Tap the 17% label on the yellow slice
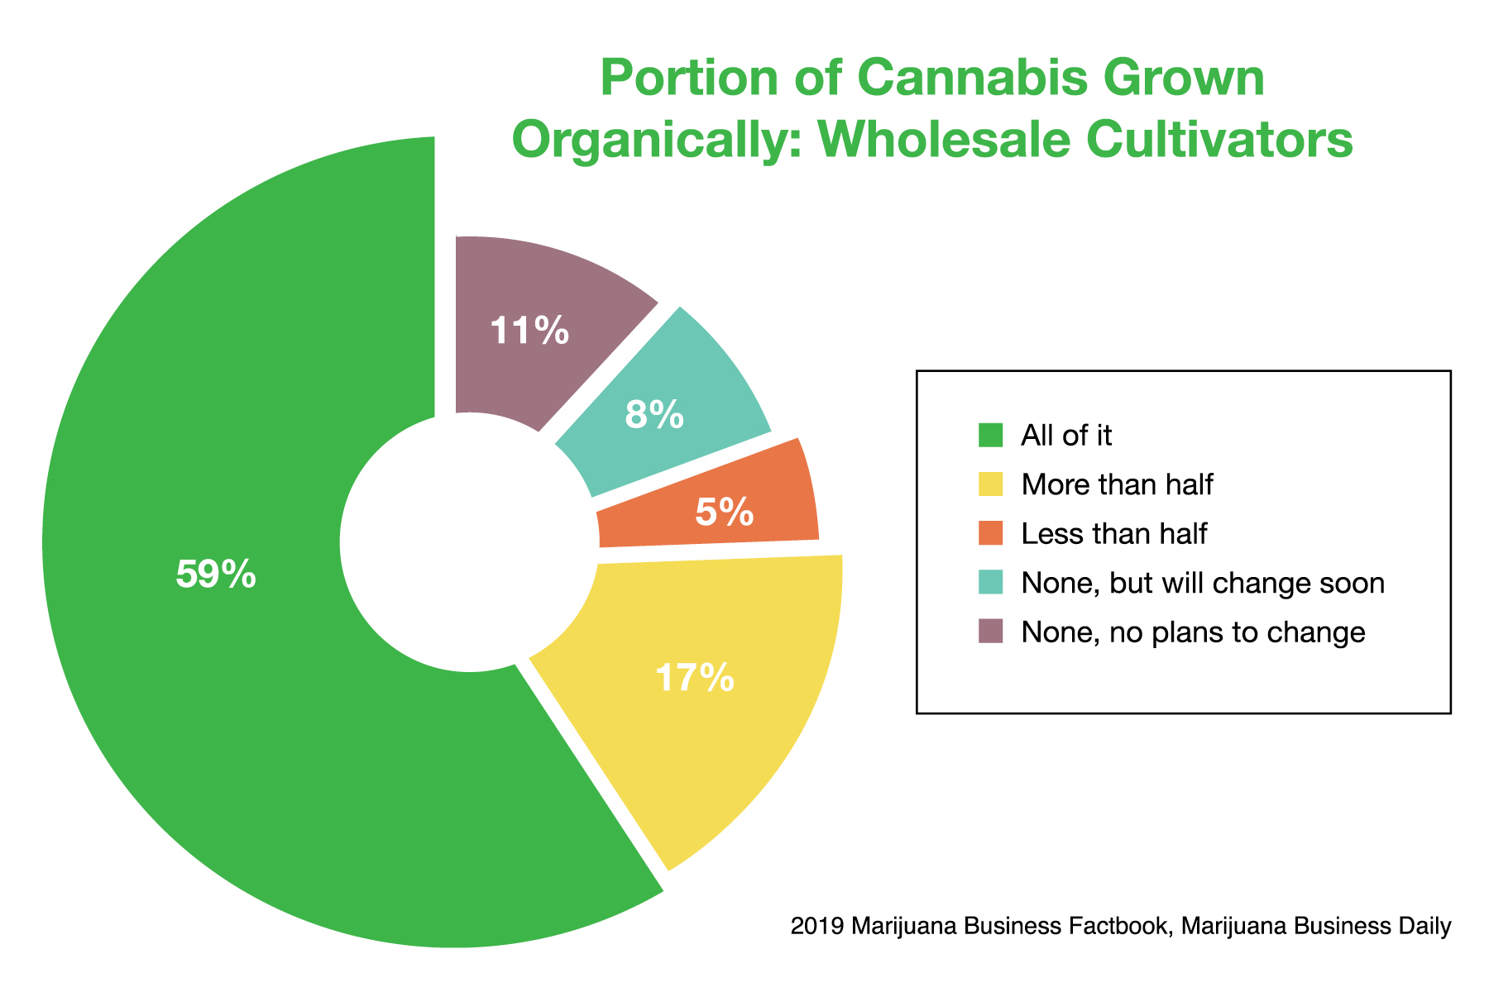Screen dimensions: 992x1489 [694, 680]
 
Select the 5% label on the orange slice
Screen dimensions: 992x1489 [725, 513]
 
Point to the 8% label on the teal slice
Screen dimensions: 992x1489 [654, 414]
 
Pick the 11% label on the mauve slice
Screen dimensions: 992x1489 [529, 331]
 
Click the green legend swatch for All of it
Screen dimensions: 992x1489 [990, 435]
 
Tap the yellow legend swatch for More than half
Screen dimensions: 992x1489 [990, 484]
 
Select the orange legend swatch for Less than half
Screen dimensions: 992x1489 [990, 533]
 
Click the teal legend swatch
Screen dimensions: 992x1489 [990, 583]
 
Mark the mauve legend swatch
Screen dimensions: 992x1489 [990, 632]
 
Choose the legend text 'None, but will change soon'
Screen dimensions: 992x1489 [1203, 584]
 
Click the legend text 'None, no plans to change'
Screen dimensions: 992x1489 [1193, 633]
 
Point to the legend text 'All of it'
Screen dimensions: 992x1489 [1067, 436]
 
